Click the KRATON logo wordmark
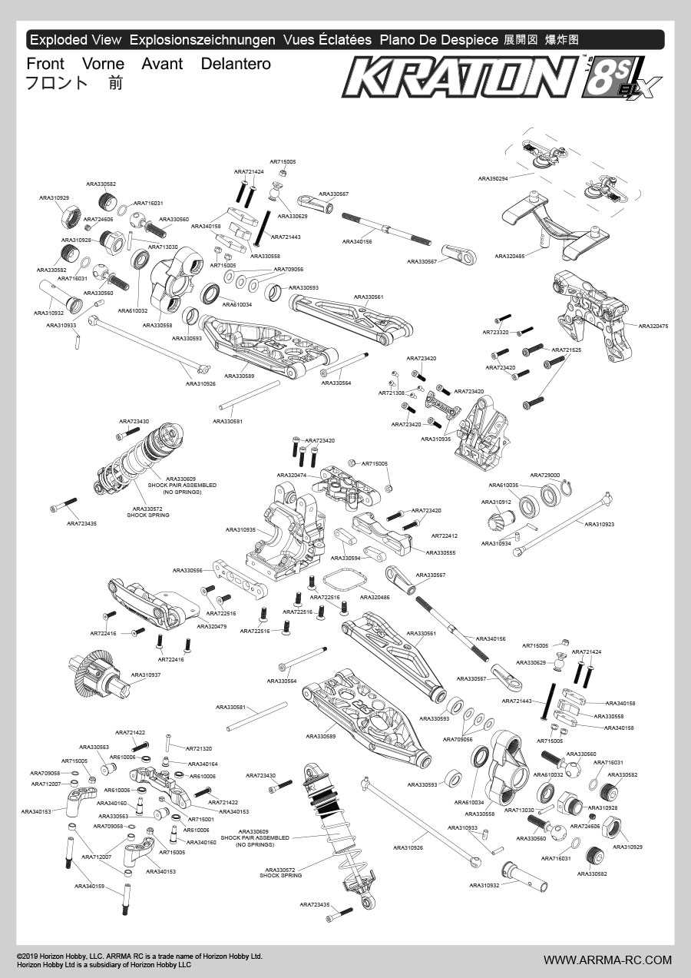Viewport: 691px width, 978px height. (x=461, y=78)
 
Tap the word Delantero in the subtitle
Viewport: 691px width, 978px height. (x=236, y=64)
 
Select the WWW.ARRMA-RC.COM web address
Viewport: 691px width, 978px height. (x=607, y=960)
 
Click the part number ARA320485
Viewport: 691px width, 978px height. (x=510, y=256)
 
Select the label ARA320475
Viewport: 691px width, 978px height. (x=653, y=326)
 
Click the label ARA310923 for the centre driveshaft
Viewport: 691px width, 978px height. (x=600, y=524)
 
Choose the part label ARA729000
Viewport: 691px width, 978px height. (x=544, y=475)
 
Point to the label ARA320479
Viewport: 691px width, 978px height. (x=211, y=626)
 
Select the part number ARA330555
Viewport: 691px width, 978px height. (x=440, y=552)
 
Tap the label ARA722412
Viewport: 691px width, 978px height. (x=444, y=535)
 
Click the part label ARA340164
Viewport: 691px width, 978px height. (x=203, y=764)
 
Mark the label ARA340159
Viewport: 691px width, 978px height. (x=89, y=886)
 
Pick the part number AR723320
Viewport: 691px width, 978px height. (x=495, y=332)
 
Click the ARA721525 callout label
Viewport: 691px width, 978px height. (x=566, y=350)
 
